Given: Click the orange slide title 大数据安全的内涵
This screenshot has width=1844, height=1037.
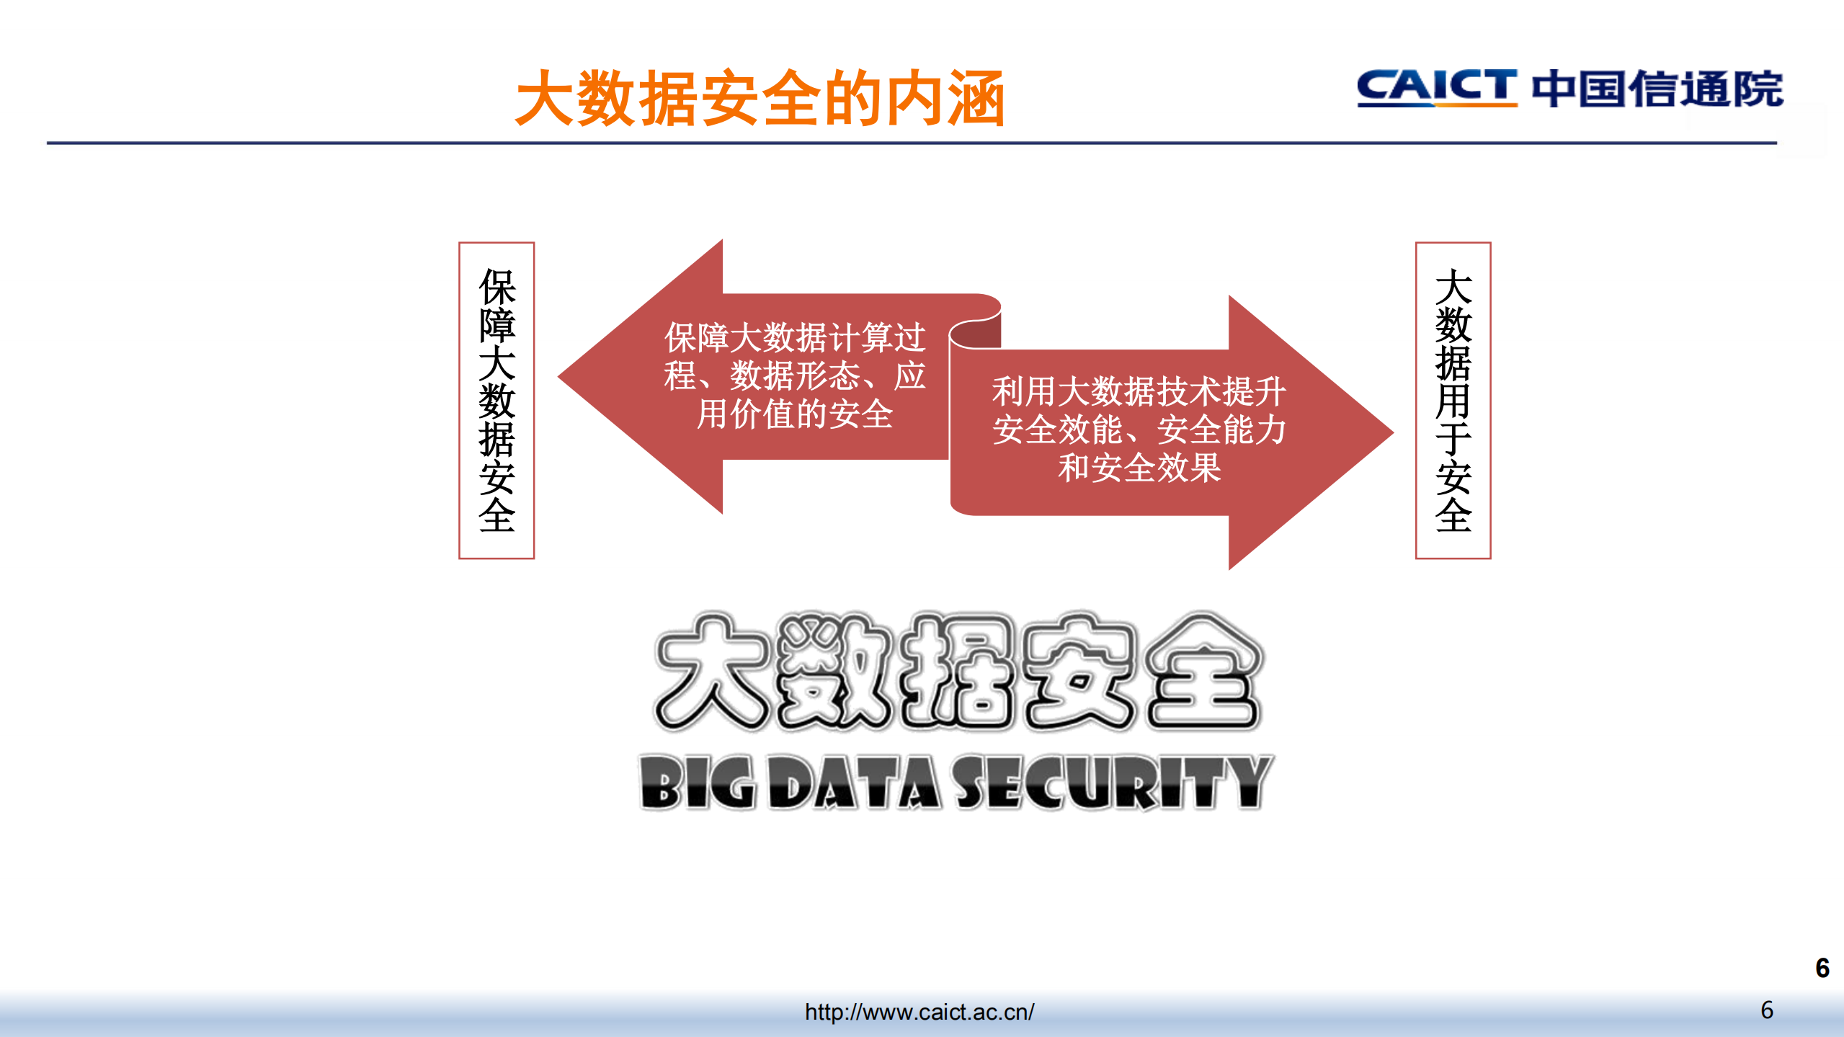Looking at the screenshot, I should tap(760, 99).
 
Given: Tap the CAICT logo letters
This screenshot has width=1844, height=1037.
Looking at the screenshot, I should tap(1436, 88).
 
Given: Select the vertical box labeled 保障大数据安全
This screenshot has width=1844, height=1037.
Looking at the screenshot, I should tap(496, 400).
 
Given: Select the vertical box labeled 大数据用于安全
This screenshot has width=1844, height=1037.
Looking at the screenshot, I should tap(1453, 400).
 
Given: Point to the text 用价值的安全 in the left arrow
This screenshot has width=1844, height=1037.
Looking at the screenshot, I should tap(795, 414).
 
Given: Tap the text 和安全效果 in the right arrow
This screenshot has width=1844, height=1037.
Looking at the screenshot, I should tap(1139, 468).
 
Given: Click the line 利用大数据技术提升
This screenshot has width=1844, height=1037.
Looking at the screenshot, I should tap(1139, 391).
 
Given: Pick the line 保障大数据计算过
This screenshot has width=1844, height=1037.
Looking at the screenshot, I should tap(795, 337).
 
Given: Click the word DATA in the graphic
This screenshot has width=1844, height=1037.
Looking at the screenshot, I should tap(855, 783).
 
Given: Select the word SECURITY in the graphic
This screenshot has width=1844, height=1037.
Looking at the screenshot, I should tap(1113, 783).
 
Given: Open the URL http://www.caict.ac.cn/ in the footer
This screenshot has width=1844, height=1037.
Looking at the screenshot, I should tap(919, 1012).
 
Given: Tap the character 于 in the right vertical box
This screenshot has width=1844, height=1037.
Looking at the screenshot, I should tap(1453, 439).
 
